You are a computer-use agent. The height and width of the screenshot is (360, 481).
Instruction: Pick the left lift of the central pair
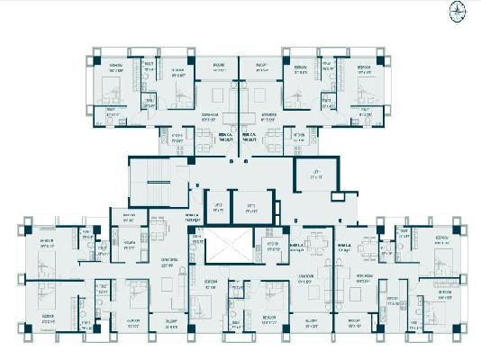point(217,207)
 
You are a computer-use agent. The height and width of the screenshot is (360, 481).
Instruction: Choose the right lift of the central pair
point(251,208)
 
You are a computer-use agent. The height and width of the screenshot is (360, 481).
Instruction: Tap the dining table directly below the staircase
point(159,225)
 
